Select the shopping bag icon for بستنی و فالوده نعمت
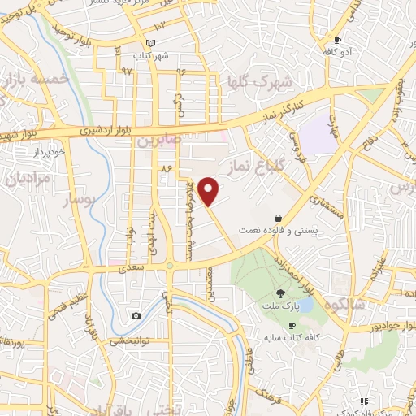click(279, 219)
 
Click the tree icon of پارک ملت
click(280, 293)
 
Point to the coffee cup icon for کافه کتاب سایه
click(292, 325)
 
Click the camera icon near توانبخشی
click(136, 316)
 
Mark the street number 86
click(168, 168)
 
